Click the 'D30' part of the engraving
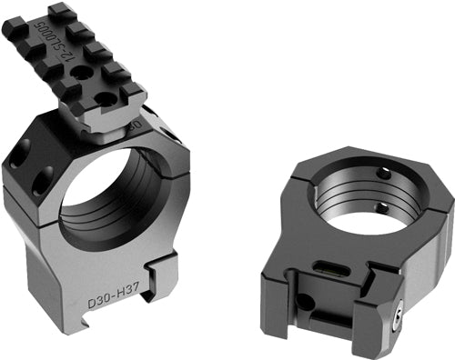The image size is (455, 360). point(98,297)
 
